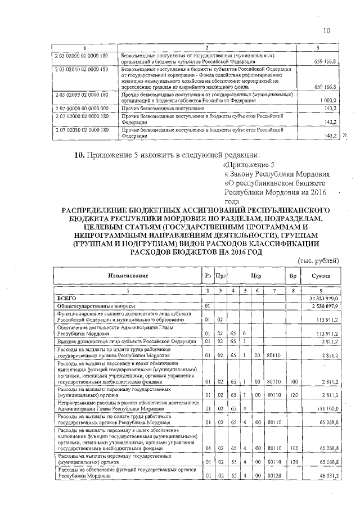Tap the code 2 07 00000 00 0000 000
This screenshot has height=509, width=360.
(82, 107)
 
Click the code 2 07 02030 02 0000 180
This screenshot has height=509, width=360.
(82, 130)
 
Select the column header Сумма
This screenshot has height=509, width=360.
(320, 276)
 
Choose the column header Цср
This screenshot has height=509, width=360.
(257, 276)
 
